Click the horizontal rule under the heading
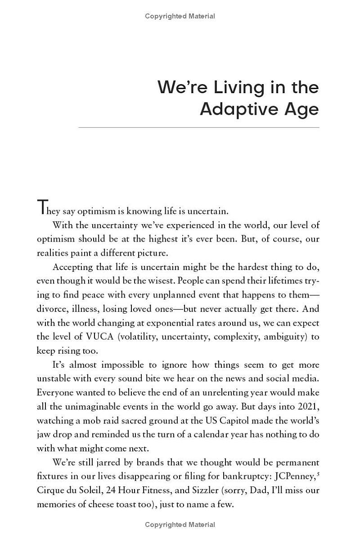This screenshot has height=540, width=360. coord(198,127)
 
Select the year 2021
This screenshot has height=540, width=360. coord(308,407)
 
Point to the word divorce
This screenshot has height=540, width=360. coord(51,309)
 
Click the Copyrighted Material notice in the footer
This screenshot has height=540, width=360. coord(180,525)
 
